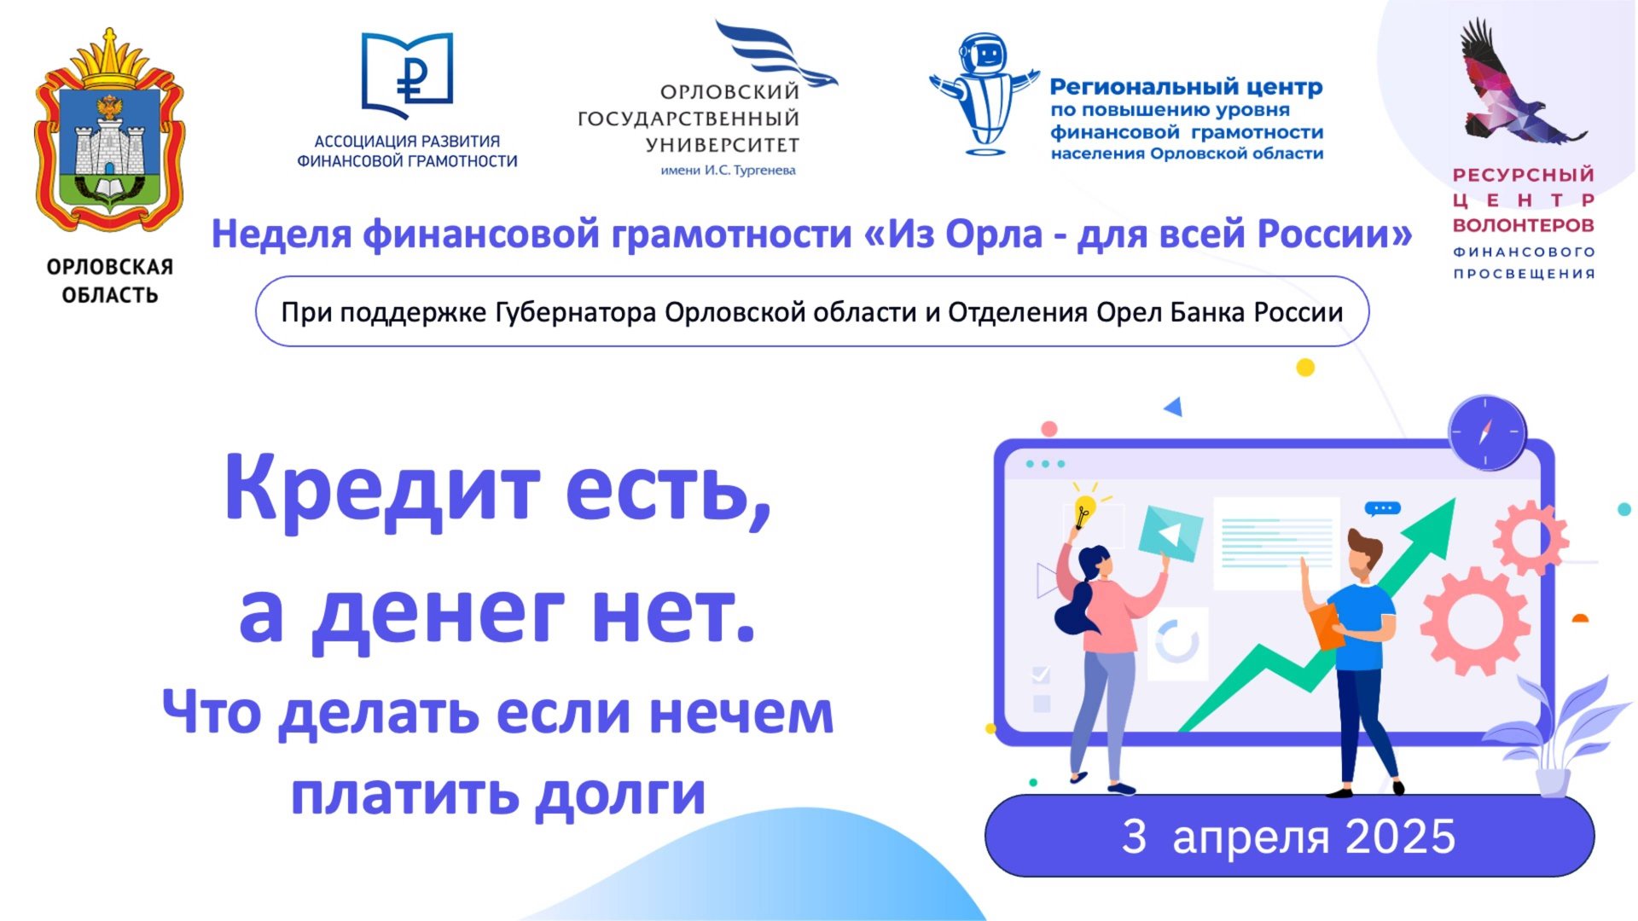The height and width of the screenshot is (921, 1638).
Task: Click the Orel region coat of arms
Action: click(x=109, y=132)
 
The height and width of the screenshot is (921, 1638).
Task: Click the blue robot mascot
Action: click(x=984, y=94)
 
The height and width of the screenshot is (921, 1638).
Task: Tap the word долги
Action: click(x=620, y=794)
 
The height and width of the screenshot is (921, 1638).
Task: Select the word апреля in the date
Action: click(x=1251, y=837)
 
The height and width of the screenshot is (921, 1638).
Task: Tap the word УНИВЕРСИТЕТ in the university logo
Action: click(x=722, y=145)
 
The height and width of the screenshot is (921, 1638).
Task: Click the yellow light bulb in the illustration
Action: click(x=1083, y=511)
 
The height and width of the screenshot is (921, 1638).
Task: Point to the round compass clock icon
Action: click(x=1486, y=432)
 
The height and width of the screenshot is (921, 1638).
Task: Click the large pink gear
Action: click(x=1473, y=620)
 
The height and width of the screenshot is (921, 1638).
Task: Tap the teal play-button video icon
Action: click(x=1170, y=534)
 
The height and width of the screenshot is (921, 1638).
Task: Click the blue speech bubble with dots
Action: click(x=1382, y=508)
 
